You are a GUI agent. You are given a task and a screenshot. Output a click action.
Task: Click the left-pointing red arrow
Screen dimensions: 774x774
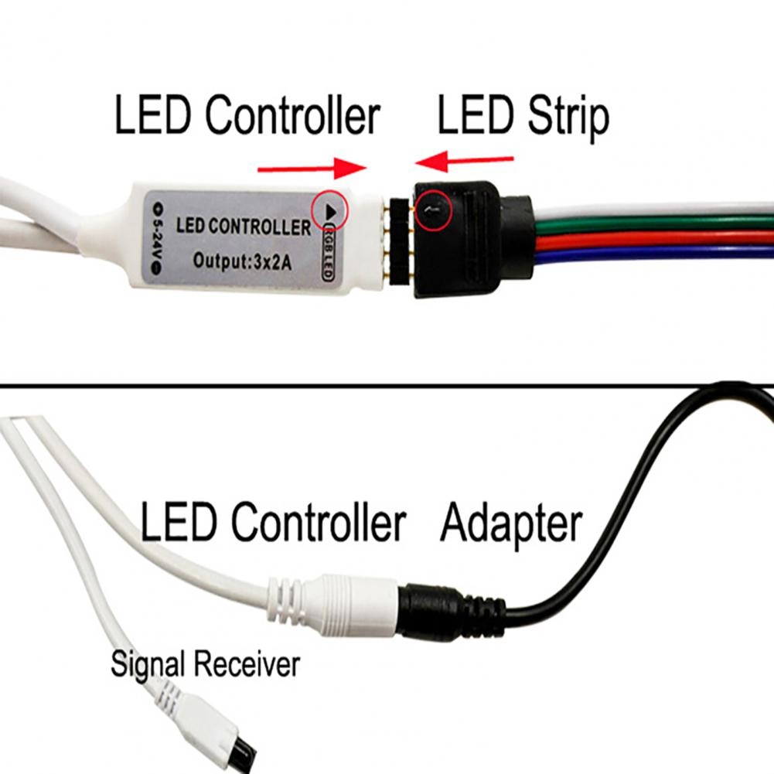(x=464, y=162)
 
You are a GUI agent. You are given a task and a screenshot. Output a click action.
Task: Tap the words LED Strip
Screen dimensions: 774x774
(x=523, y=116)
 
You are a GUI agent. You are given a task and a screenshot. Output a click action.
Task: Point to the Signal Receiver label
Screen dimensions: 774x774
(x=204, y=663)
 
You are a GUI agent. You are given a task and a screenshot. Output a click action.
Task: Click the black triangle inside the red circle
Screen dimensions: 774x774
(x=329, y=210)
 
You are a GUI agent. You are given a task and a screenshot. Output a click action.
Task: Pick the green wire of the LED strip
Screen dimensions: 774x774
(x=657, y=226)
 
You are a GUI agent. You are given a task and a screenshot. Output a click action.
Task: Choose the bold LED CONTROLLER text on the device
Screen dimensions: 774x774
(x=243, y=227)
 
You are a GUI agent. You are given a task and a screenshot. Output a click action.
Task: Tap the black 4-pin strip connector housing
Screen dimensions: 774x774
(x=456, y=240)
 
